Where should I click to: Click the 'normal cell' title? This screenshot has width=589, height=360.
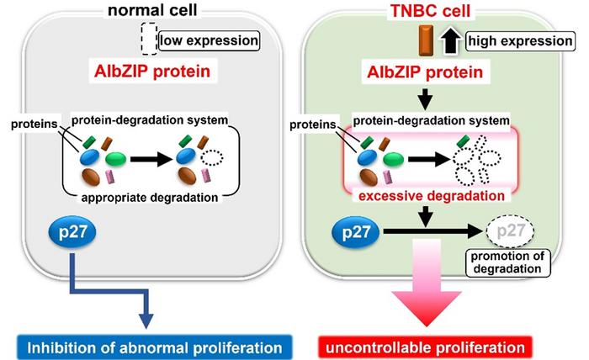tap(160, 11)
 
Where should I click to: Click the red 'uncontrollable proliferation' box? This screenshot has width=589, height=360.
tap(432, 345)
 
